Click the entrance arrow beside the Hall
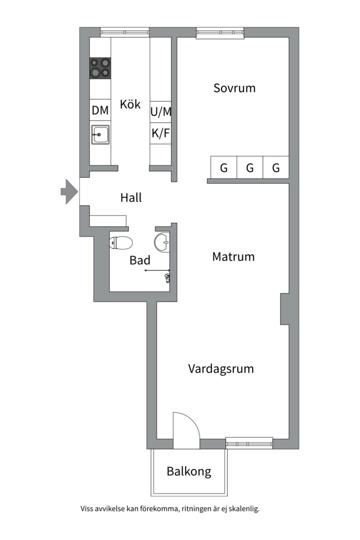click(69, 191)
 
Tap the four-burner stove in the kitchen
click(100, 68)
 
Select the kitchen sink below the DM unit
click(100, 134)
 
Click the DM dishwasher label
click(100, 110)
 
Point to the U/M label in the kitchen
click(161, 111)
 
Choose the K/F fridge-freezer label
click(161, 132)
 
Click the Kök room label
click(130, 104)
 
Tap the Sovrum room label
click(234, 88)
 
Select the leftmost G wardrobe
click(224, 167)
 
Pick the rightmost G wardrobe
click(276, 167)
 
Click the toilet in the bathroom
click(121, 243)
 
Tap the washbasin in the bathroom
click(162, 241)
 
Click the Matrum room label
click(233, 256)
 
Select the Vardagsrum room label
click(221, 369)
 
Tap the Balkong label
click(189, 471)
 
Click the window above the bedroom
click(220, 32)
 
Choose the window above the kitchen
click(125, 32)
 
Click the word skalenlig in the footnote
click(244, 508)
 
